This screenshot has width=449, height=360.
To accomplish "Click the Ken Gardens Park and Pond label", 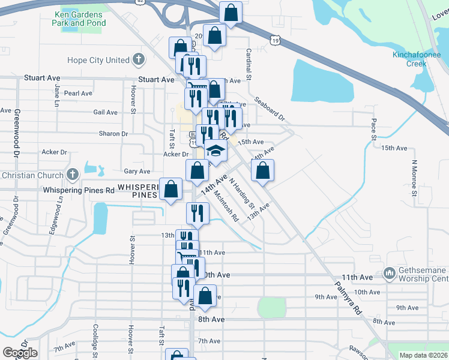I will pos(79,18).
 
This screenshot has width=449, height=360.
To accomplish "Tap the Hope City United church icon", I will pos(139,60).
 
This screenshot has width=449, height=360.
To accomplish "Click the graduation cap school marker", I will pos(216,151).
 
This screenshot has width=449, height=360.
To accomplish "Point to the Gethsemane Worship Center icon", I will pos(389,274).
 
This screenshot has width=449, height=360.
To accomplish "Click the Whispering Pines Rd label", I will pos(79,190).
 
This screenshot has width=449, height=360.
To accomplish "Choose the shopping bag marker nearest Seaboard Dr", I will pos(262,171).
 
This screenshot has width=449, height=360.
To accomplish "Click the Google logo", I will pos(20,353).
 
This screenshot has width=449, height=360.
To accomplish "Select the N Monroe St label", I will pos(414,178).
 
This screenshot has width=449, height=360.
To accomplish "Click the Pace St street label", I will pos(373,128).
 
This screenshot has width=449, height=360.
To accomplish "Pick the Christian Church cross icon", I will pos(72,175).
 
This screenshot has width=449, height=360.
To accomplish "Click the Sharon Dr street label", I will pos(113,134).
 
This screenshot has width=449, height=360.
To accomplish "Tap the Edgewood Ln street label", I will pos(59,214).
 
